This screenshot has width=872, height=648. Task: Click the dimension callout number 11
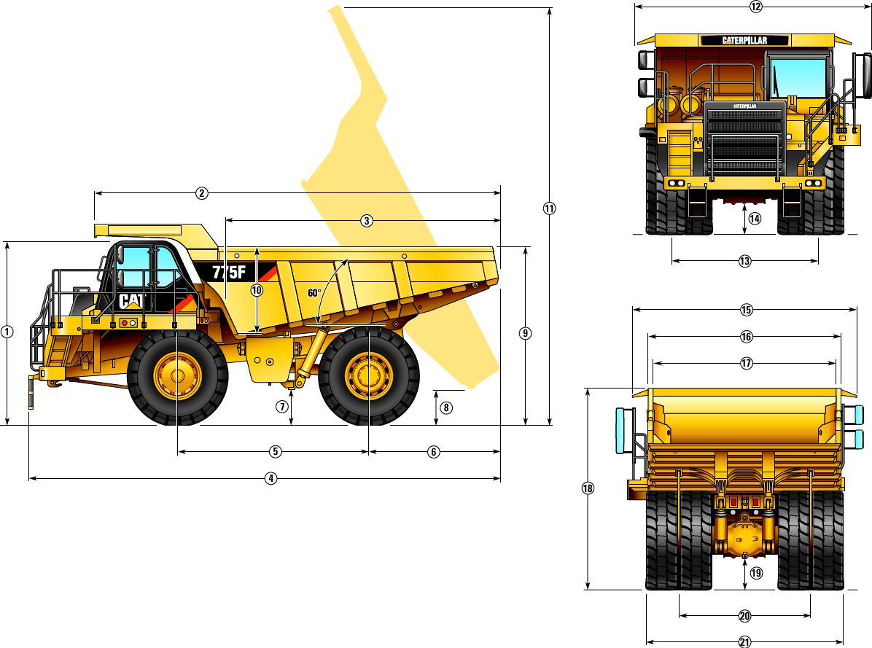(549, 208)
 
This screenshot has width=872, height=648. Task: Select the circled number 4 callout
(270, 479)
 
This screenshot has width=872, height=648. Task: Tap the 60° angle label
(314, 293)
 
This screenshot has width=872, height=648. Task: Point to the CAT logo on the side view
(132, 301)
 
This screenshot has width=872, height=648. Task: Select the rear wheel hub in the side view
(369, 377)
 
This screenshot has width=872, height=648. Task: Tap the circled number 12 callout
(755, 7)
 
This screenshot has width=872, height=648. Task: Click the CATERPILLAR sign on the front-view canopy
(744, 40)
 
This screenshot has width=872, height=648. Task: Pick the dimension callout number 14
(754, 219)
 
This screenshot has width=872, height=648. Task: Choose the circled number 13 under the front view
(744, 261)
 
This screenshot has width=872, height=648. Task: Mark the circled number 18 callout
(588, 489)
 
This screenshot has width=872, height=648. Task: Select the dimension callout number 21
(744, 642)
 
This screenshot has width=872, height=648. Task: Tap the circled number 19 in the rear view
(755, 573)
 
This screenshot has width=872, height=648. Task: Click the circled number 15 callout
(746, 310)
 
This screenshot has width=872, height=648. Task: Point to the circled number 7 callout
(282, 407)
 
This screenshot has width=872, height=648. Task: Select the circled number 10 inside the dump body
(257, 289)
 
